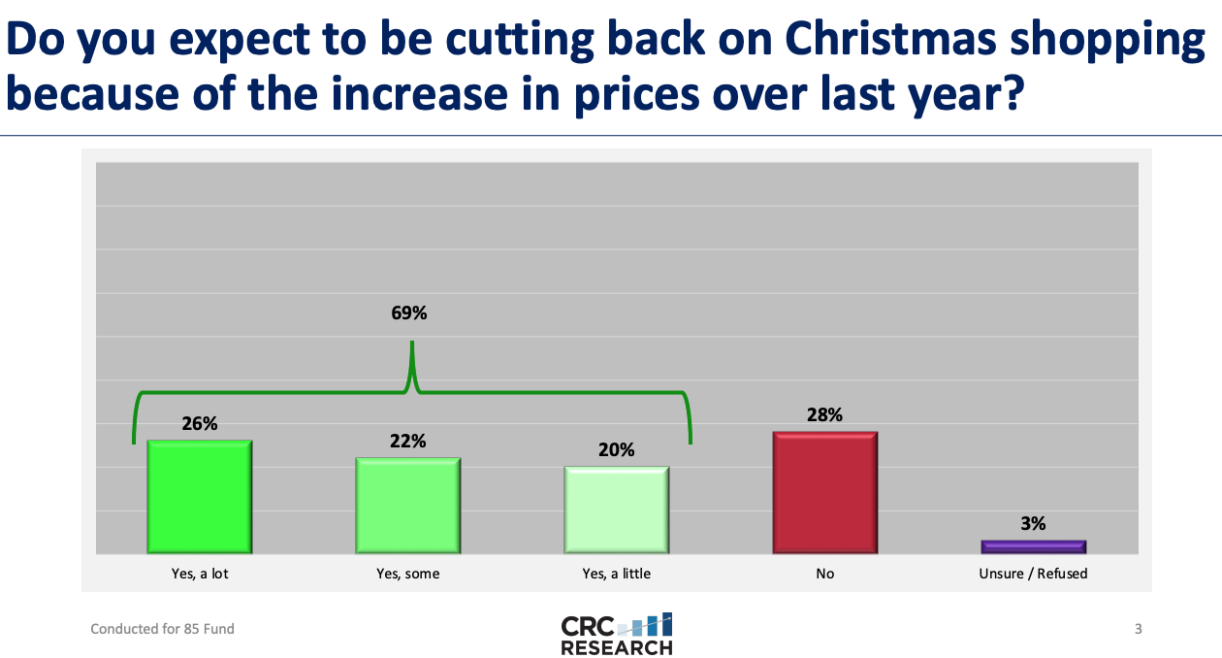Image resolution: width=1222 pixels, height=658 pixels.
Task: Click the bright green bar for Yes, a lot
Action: tap(199, 497)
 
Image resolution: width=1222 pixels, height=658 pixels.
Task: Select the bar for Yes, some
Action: tap(407, 506)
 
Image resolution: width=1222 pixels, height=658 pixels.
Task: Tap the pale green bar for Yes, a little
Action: tap(616, 510)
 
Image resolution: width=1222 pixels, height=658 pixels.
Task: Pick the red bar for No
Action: tap(824, 492)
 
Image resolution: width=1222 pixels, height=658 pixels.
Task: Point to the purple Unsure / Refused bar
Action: tap(1033, 546)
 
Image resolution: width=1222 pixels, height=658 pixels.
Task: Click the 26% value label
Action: tap(199, 423)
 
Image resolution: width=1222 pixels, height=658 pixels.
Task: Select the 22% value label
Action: tap(407, 441)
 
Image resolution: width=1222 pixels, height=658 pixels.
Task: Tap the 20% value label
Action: tap(616, 449)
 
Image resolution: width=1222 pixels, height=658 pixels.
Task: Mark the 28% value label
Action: tap(824, 414)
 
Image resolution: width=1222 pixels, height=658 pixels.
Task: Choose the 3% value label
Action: tap(1033, 523)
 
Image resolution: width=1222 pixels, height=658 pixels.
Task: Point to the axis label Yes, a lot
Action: tap(199, 574)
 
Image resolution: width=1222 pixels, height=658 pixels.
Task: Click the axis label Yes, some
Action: tap(407, 574)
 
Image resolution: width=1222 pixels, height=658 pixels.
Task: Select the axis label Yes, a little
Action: tap(616, 574)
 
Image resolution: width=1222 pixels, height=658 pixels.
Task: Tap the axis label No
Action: tap(824, 574)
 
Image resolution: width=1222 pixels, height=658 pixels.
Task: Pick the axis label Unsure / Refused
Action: tap(1033, 574)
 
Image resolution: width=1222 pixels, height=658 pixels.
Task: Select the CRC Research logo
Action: tap(616, 634)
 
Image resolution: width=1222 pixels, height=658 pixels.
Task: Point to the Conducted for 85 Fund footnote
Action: tap(162, 629)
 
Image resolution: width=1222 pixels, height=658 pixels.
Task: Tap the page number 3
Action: tap(1138, 629)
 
